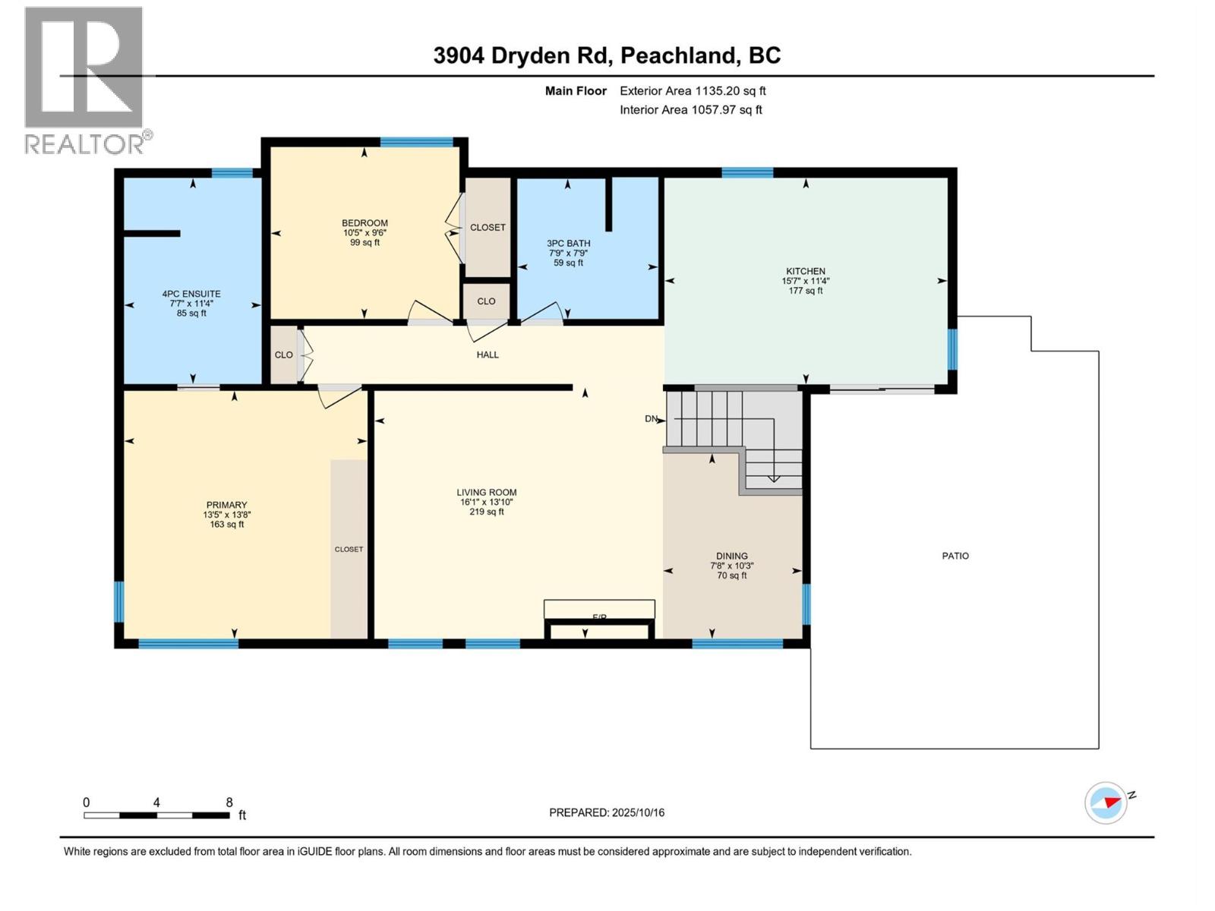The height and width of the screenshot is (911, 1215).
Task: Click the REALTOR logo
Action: pyautogui.click(x=84, y=80)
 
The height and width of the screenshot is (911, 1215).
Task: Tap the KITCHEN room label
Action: pyautogui.click(x=806, y=271)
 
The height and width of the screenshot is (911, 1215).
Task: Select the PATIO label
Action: pyautogui.click(x=955, y=556)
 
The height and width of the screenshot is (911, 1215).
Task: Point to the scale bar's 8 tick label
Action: pyautogui.click(x=229, y=802)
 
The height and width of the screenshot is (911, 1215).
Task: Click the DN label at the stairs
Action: pyautogui.click(x=651, y=418)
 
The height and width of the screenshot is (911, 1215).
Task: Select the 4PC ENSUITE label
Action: pyautogui.click(x=191, y=294)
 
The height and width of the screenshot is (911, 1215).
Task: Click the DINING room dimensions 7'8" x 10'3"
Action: pyautogui.click(x=732, y=566)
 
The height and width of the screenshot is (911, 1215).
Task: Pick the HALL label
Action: pyautogui.click(x=488, y=355)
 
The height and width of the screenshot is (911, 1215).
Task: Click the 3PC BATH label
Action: pyautogui.click(x=569, y=244)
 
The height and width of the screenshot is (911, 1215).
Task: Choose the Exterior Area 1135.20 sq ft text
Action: pyautogui.click(x=693, y=91)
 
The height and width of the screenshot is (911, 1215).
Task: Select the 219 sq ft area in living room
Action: pyautogui.click(x=487, y=512)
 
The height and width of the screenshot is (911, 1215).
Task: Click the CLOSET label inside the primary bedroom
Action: pyautogui.click(x=349, y=549)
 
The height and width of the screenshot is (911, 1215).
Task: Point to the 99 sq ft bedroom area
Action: pyautogui.click(x=365, y=242)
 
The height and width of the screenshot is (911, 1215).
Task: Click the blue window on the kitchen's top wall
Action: pyautogui.click(x=747, y=172)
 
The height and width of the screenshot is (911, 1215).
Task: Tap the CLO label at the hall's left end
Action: pyautogui.click(x=284, y=355)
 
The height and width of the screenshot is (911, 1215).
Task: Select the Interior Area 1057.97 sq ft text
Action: pyautogui.click(x=690, y=110)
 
